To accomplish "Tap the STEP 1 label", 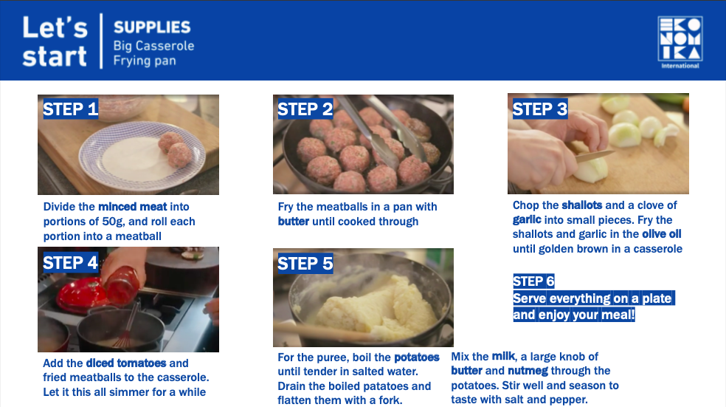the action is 70,109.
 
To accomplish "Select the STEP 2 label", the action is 305,109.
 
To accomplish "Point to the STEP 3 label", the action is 540,109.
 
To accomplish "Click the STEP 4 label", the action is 70,263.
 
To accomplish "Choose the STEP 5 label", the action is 305,263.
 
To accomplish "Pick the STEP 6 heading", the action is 533,281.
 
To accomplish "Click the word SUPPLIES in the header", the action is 152,27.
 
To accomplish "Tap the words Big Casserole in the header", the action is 153,46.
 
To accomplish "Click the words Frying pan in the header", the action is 145,61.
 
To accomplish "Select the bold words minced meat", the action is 133,207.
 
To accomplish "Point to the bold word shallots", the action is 582,205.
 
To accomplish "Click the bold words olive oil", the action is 662,234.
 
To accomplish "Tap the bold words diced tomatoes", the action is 126,363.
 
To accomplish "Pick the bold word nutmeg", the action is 528,371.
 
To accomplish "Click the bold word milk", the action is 503,356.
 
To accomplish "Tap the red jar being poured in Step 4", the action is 122,286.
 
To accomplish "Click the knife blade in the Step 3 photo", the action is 595,155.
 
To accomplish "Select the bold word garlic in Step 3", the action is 527,219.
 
